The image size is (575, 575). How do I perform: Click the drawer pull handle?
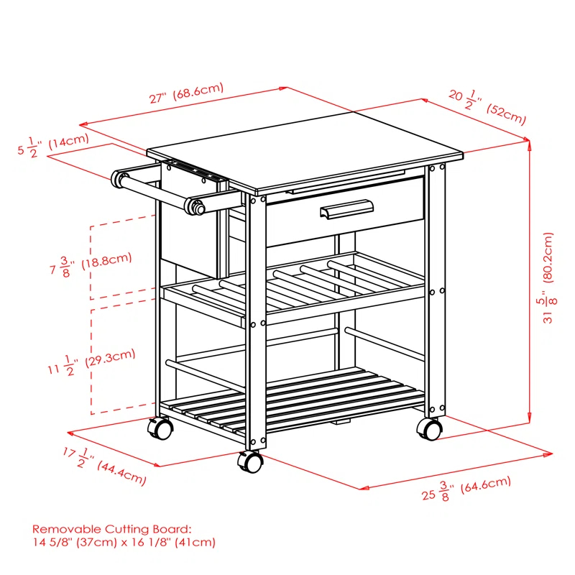(x=348, y=210)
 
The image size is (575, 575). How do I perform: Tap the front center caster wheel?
(x=251, y=462)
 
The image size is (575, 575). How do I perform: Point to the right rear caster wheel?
(x=429, y=429)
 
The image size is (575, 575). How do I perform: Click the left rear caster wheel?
(x=160, y=429)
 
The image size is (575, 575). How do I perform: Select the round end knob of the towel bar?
(x=195, y=206)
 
